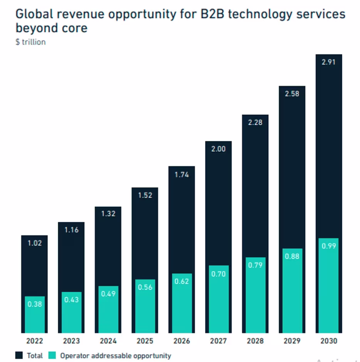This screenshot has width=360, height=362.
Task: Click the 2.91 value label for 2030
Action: click(329, 62)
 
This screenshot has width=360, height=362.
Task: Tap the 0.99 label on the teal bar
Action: click(329, 246)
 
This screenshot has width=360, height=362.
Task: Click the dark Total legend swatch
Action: click(19, 355)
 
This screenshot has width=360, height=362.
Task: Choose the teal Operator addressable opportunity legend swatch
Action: click(52, 355)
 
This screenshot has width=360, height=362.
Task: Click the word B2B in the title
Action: click(210, 14)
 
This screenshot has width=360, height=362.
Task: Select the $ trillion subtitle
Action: click(30, 42)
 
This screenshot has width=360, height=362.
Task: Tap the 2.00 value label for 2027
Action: click(219, 149)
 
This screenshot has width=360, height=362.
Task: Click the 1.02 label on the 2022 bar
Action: click(34, 243)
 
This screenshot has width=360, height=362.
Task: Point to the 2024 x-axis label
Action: click(108, 341)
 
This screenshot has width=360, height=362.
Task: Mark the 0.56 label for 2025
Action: click(145, 287)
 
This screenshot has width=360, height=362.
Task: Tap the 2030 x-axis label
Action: click(329, 341)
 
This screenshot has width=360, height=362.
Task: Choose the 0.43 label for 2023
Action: click(71, 300)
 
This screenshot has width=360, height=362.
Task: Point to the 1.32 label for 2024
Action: click(108, 214)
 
